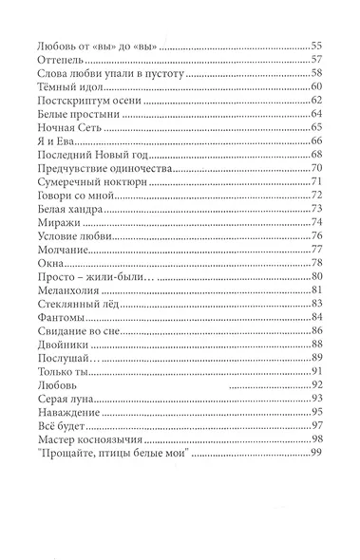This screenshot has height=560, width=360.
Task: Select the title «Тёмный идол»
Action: pyautogui.click(x=68, y=87)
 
